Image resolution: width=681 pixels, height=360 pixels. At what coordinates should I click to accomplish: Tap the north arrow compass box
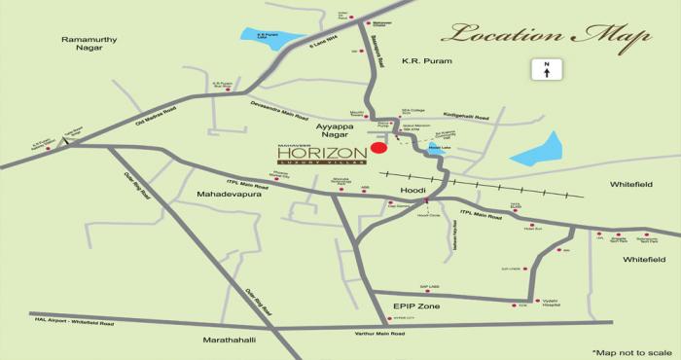(x=547, y=70)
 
